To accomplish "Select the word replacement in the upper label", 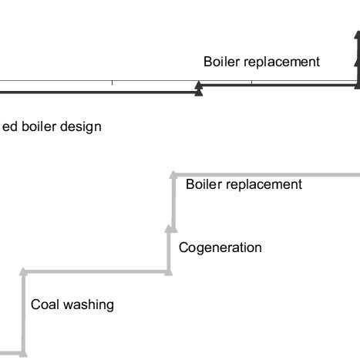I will [281, 62].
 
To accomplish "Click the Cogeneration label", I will [220, 247].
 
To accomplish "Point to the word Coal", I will [45, 304].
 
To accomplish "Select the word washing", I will [88, 305].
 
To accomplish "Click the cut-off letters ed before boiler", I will [10, 126].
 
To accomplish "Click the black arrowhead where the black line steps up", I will [199, 89].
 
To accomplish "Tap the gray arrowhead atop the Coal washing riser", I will [23, 272].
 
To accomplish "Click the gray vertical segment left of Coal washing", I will [23, 316].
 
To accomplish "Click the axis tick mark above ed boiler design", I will [112, 82].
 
